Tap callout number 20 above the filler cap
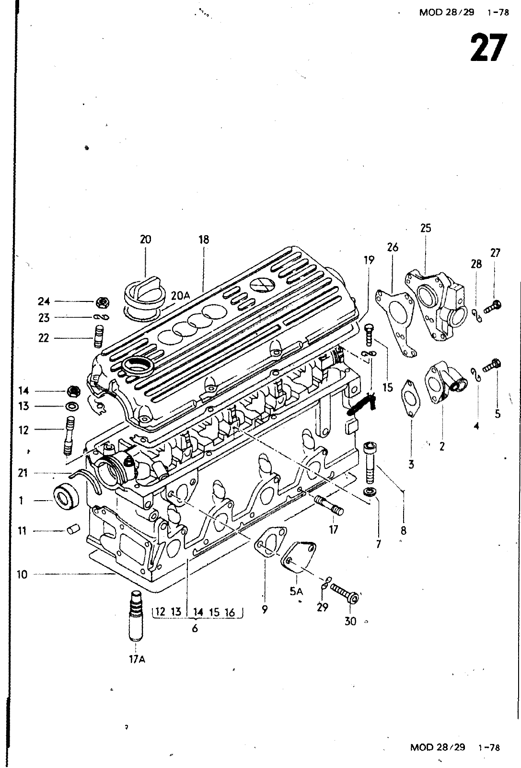pos(145,240)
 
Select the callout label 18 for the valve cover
pos(204,240)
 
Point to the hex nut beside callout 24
pos(101,302)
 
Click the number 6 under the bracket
pos(195,628)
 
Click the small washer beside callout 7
pos(369,492)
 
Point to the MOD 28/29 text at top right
pos(446,13)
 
